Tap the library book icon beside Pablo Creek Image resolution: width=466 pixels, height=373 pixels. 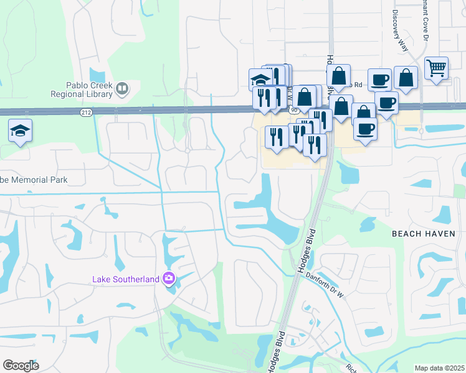122,90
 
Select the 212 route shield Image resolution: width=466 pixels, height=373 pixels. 86,112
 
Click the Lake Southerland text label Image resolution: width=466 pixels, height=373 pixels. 126,279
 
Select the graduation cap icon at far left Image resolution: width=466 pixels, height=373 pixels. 20,131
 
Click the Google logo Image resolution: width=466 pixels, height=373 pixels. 21,366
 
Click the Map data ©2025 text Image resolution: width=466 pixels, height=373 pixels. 439,368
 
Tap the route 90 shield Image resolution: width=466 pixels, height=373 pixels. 293,110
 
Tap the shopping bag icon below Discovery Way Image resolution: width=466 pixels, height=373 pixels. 406,78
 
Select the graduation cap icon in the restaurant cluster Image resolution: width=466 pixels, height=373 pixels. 260,80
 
